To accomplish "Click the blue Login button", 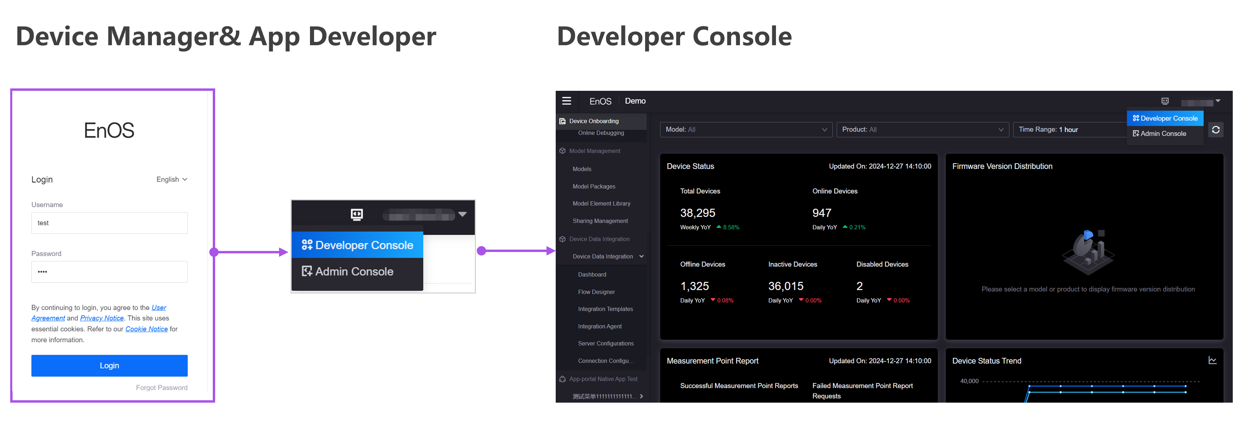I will [109, 366].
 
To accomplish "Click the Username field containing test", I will [109, 223].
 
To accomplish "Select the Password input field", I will [109, 272].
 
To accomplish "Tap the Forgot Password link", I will [161, 388].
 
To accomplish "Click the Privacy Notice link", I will [102, 318].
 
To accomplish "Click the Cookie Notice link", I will [146, 329].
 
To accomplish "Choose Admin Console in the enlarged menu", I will [354, 272].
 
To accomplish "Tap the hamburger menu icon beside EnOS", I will [567, 101].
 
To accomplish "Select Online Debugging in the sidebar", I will [601, 133].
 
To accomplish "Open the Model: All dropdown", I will [746, 130].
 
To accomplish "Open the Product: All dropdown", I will [922, 130].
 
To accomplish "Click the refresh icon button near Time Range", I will [1215, 130].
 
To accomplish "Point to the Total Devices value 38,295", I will [697, 213].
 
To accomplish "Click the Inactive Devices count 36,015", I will [785, 286].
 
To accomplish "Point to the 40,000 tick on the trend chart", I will [969, 381].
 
